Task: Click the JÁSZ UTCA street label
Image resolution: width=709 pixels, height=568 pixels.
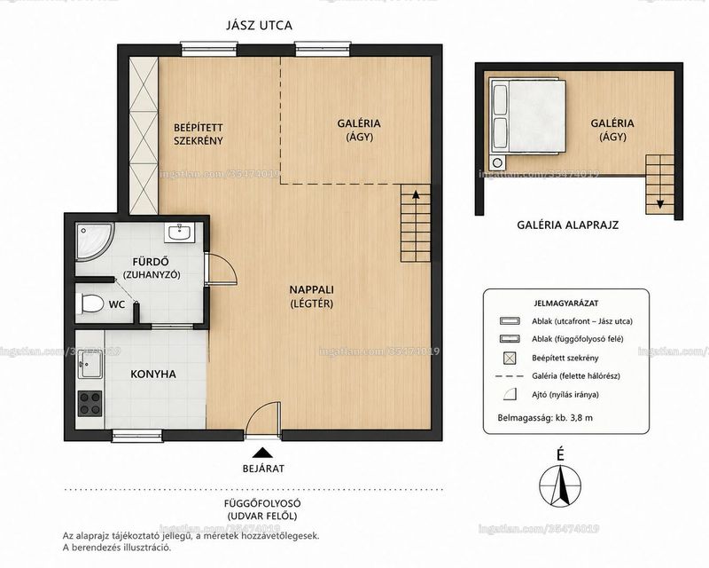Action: (259, 26)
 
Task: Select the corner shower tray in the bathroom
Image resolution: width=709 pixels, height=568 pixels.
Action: (95, 242)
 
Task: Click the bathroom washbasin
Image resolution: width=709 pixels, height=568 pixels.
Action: (180, 233)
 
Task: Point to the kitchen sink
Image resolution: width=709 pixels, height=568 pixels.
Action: (90, 365)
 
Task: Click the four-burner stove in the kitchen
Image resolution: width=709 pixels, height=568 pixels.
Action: (90, 404)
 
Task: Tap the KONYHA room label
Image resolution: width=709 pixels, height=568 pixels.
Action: (153, 375)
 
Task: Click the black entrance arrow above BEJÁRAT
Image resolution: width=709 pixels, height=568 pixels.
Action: (261, 453)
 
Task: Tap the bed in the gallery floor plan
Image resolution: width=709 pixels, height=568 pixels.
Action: (527, 116)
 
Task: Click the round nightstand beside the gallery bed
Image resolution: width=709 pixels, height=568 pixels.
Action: (498, 162)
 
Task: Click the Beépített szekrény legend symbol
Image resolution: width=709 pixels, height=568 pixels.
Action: (510, 358)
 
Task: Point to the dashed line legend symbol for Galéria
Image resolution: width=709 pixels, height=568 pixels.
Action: (510, 376)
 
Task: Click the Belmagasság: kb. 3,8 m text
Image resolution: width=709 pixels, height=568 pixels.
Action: (545, 418)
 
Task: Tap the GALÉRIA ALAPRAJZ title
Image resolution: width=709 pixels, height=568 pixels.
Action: (567, 225)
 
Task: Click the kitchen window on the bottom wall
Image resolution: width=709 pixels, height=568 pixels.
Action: (137, 436)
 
